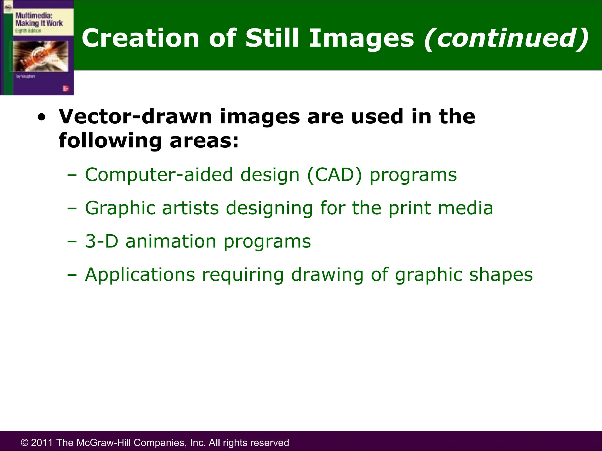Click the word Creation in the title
pos(141,38)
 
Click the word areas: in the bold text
pos(204,141)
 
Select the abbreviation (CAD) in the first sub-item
pos(335,175)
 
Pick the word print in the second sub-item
pos(409,208)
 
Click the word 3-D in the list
pos(101,241)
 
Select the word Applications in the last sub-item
pos(140,275)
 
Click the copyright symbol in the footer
pos(25,442)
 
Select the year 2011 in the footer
pos(42,442)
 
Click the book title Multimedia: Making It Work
pos(39,19)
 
